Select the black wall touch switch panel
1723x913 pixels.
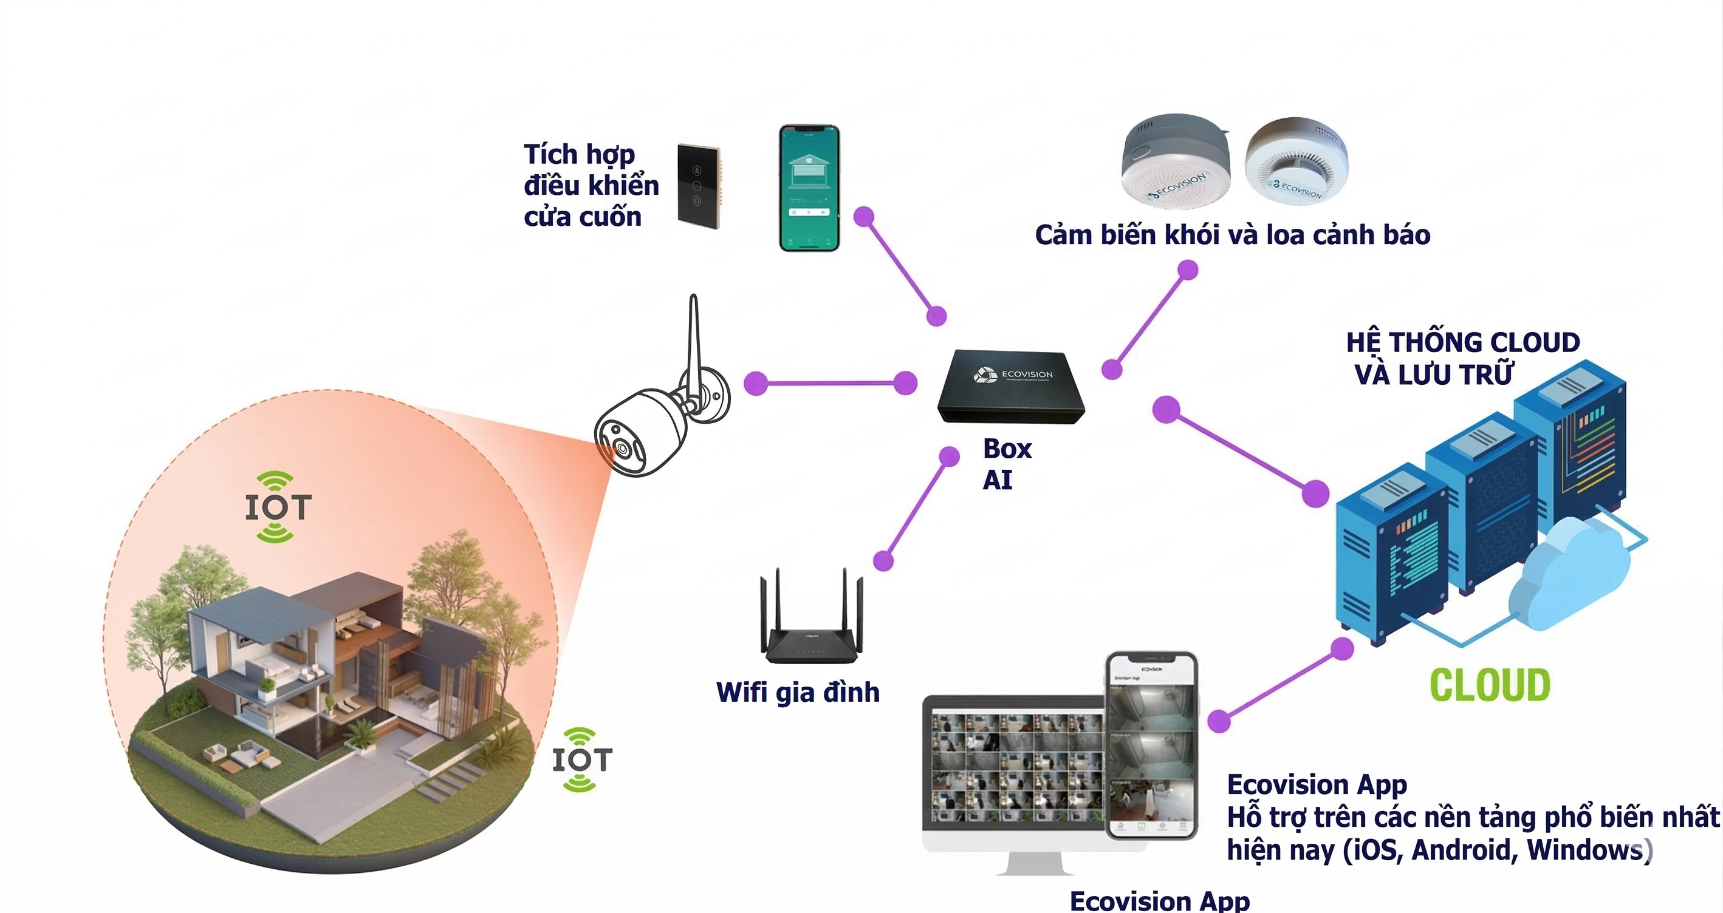pyautogui.click(x=699, y=186)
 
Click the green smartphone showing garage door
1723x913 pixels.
pyautogui.click(x=809, y=188)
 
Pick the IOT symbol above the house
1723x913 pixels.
pyautogui.click(x=277, y=507)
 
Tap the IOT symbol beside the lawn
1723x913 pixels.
pyautogui.click(x=581, y=760)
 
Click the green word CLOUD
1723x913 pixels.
pyautogui.click(x=1490, y=685)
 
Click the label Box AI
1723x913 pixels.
pyautogui.click(x=1006, y=464)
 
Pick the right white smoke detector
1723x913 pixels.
pyautogui.click(x=1296, y=163)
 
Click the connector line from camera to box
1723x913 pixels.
pyautogui.click(x=830, y=384)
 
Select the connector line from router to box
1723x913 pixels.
pyautogui.click(x=916, y=509)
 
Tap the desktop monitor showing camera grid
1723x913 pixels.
pyautogui.click(x=1013, y=769)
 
